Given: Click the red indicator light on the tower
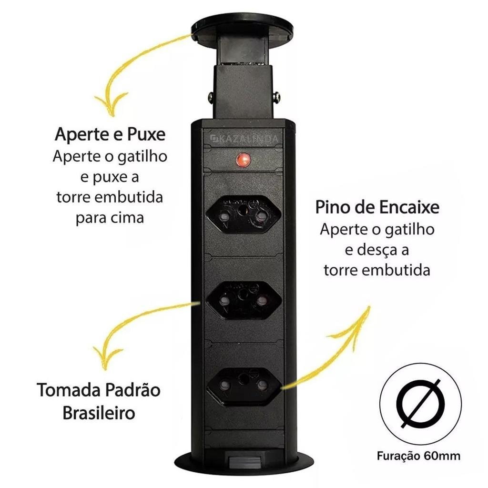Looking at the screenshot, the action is click(x=244, y=160).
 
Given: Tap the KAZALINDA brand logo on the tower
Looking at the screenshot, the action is click(x=244, y=139).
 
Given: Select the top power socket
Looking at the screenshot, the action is click(x=244, y=214).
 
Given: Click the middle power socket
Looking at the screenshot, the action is click(x=244, y=301).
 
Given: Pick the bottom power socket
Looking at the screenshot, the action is click(x=244, y=386).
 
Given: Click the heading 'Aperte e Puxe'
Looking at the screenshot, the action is click(x=110, y=134).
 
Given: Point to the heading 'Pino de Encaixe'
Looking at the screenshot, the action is click(x=377, y=207).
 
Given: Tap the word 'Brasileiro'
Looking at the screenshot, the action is click(x=99, y=413).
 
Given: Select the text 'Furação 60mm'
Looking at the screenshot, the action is click(x=418, y=456).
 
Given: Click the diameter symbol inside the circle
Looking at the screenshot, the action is click(x=421, y=404).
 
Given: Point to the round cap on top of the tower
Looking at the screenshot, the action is click(x=243, y=29).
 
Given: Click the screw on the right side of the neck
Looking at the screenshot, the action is click(x=276, y=98).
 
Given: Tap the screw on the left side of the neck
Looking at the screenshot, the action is click(x=211, y=97).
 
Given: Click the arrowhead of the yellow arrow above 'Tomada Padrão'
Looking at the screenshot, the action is click(x=106, y=358).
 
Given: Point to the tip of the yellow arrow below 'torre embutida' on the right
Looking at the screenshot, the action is click(x=370, y=307).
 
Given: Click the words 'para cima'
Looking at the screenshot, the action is click(x=110, y=218).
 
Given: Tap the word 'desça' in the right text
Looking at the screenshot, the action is click(x=376, y=250).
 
